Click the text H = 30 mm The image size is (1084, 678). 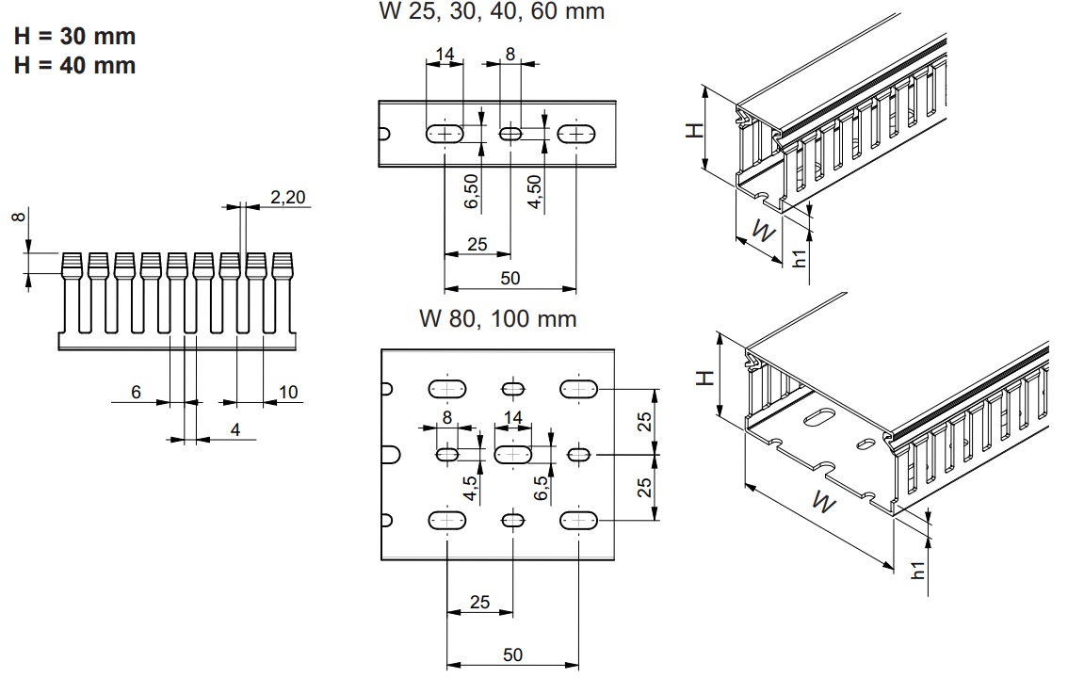tap(74, 37)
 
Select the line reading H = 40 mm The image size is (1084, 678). tap(74, 66)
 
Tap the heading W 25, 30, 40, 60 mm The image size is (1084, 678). tap(491, 12)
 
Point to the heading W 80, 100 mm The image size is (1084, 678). tap(497, 318)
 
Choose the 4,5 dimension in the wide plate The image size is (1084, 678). tap(469, 488)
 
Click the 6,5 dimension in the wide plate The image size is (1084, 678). tap(541, 488)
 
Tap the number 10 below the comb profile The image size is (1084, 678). tap(288, 392)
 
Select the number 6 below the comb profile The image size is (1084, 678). tap(136, 392)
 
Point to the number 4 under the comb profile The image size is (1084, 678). tap(235, 430)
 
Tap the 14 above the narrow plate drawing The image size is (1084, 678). tap(445, 55)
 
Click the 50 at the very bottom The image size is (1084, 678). tap(512, 654)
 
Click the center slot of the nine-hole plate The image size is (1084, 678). tap(513, 455)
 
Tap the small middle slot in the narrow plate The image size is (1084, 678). tap(510, 135)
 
